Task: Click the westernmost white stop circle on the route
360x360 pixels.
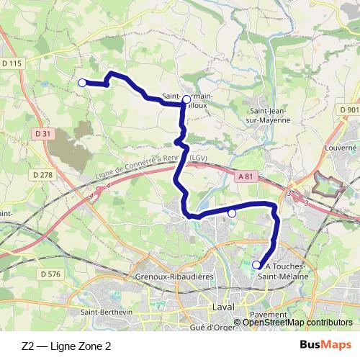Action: (82, 83)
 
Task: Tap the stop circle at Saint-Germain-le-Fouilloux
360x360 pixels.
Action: (186, 99)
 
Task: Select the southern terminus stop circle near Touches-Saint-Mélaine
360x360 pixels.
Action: (256, 266)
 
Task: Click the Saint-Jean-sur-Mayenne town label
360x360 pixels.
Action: (270, 115)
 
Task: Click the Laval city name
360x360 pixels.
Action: (225, 307)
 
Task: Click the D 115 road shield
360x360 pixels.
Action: (12, 63)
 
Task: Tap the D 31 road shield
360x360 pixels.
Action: (44, 133)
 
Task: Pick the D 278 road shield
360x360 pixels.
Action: (43, 175)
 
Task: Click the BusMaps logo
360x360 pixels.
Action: (327, 346)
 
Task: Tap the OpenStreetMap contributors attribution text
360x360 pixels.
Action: (297, 322)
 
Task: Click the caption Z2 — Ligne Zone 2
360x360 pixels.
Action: (66, 346)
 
